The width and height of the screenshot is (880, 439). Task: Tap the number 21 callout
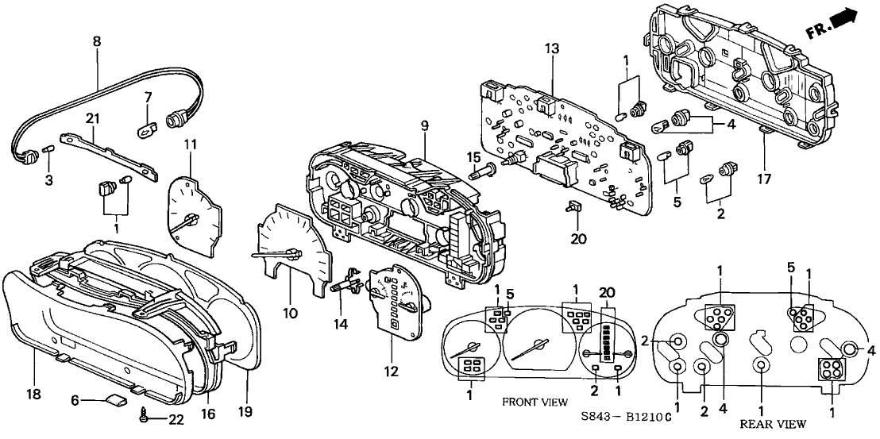[93, 118]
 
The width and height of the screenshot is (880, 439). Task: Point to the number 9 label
[424, 125]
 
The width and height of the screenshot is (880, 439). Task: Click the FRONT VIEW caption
[535, 402]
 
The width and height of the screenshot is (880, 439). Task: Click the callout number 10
[290, 314]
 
